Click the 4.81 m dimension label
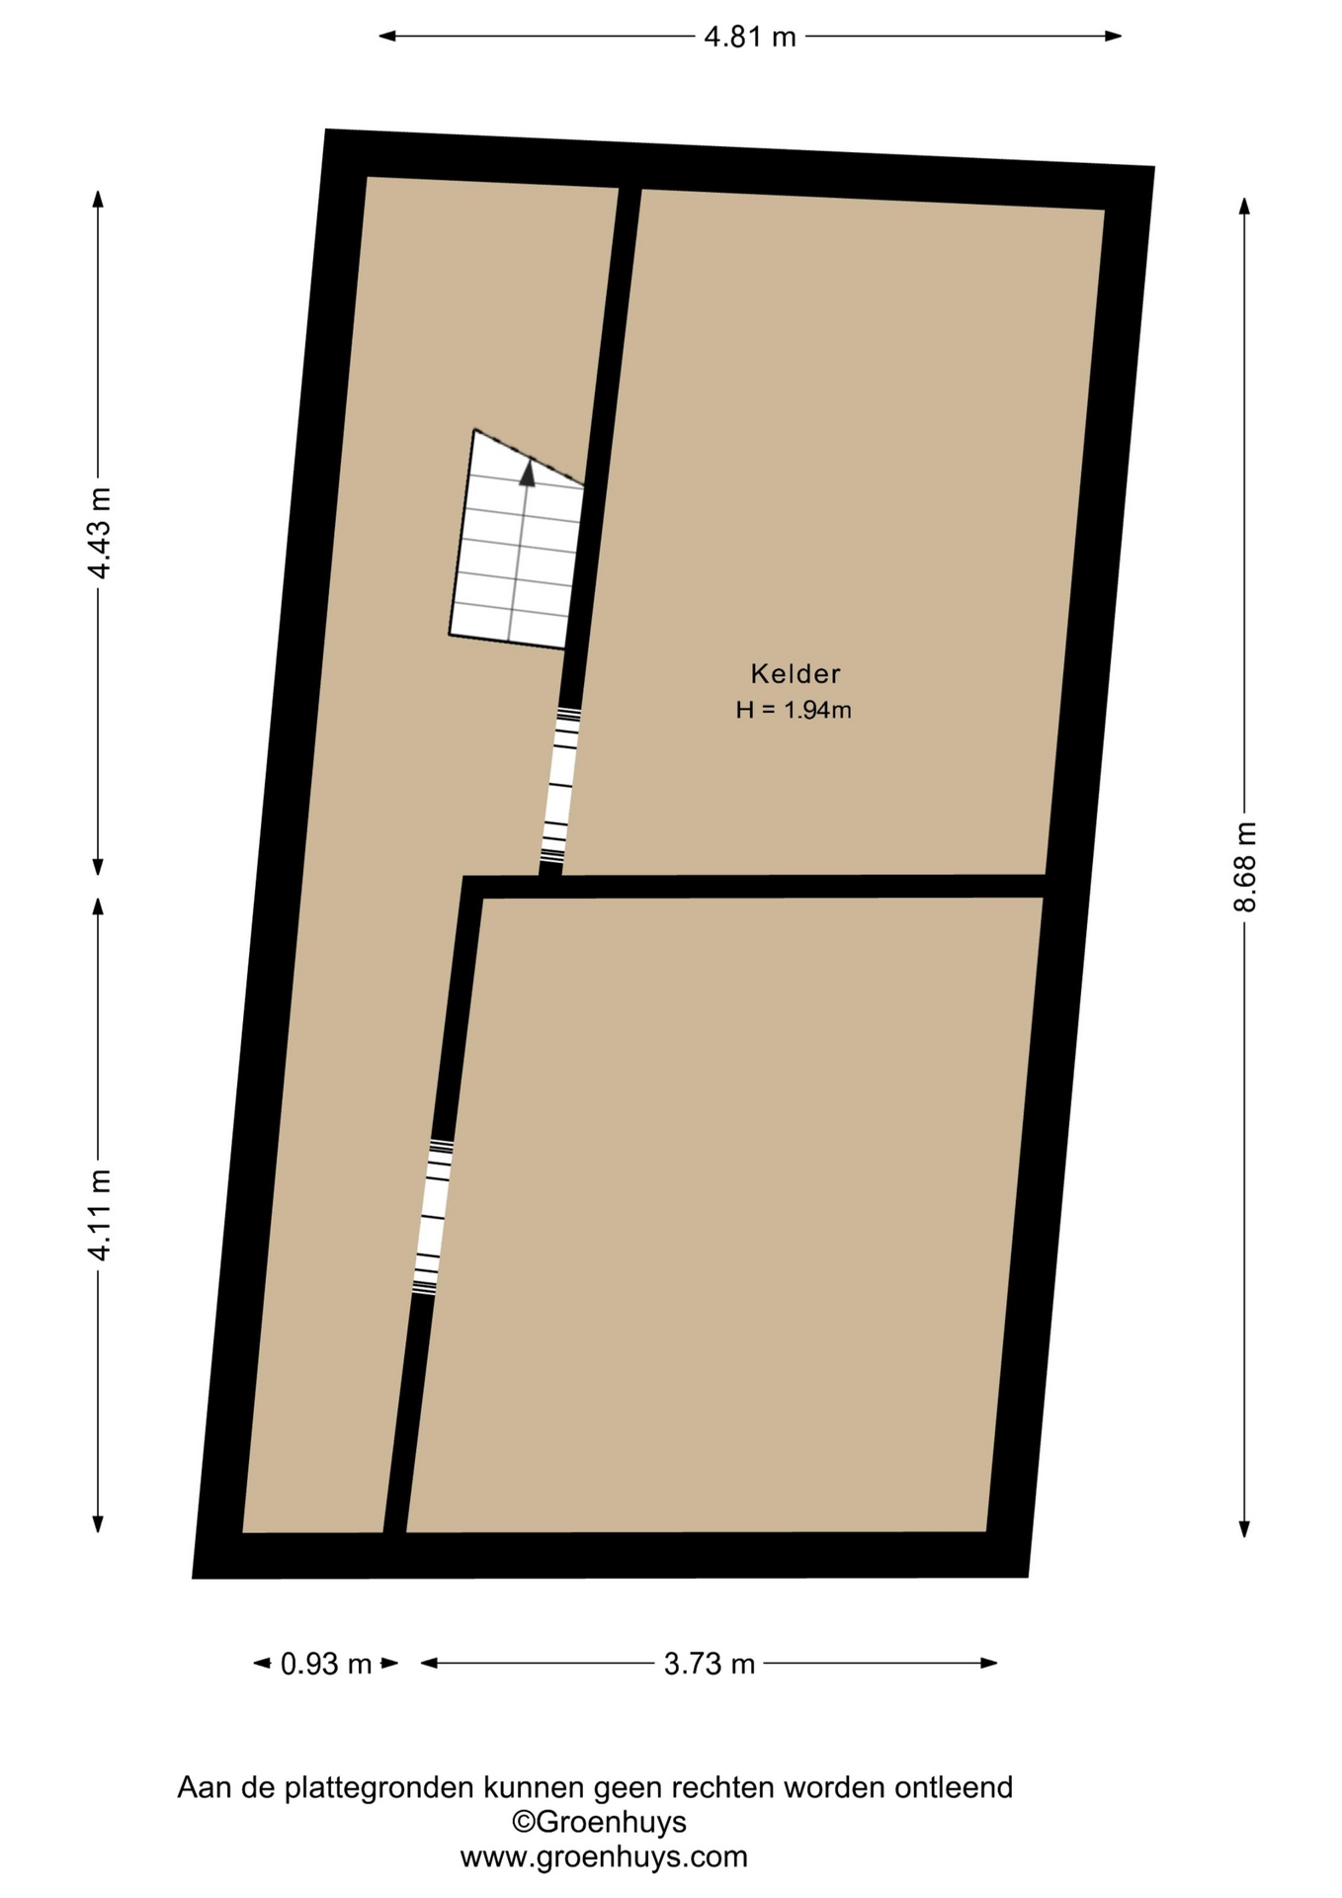pos(749,38)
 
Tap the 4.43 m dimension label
pos(99,533)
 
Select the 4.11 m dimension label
pos(99,1214)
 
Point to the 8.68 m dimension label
pos(1245,867)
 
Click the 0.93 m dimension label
pos(326,1664)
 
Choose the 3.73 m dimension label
pos(710,1664)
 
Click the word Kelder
pos(796,674)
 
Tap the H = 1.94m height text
pos(794,710)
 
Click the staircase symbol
pos(517,540)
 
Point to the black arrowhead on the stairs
pos(528,474)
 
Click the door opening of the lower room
pos(433,1216)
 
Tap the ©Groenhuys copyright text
pos(599,1821)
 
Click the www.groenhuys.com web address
pos(604,1856)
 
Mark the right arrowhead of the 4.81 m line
pos(1113,37)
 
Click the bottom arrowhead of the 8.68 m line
pos(1245,1528)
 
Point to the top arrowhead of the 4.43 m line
pos(98,199)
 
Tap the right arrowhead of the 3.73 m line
pos(989,1663)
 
